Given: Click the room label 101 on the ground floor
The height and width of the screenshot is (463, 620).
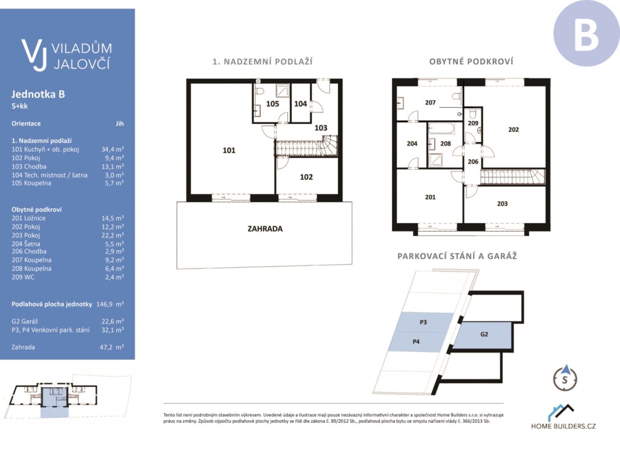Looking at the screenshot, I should [229, 150].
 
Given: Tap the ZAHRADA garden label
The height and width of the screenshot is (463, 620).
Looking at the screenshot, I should [265, 229].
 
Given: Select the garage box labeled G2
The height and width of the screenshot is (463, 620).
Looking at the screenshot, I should [484, 335].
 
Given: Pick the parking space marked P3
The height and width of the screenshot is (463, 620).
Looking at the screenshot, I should [423, 322].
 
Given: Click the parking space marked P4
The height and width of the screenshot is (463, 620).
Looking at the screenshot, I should [416, 341].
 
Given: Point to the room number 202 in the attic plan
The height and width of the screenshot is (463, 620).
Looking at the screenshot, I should [513, 130].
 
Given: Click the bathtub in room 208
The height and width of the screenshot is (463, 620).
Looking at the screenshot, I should [441, 129].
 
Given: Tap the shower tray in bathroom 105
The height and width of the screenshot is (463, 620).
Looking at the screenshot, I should [282, 91].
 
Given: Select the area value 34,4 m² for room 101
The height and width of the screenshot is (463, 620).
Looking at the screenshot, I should [112, 149].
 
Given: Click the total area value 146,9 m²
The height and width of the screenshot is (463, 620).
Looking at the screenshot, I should [110, 304].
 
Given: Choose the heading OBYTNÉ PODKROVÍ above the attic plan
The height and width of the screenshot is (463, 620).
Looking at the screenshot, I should [471, 62].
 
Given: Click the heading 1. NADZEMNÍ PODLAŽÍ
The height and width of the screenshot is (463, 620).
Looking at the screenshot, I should [263, 62].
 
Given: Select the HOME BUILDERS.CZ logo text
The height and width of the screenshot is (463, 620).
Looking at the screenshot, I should [563, 426].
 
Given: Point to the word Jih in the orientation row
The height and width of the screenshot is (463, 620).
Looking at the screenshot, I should [120, 123].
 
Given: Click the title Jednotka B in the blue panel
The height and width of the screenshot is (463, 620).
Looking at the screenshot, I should [38, 94].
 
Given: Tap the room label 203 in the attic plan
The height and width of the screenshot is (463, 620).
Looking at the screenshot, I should [502, 204].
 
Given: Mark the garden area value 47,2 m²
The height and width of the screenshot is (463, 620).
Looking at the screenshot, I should [111, 347].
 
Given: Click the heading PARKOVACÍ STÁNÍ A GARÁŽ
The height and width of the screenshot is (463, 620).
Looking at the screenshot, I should [457, 256].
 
